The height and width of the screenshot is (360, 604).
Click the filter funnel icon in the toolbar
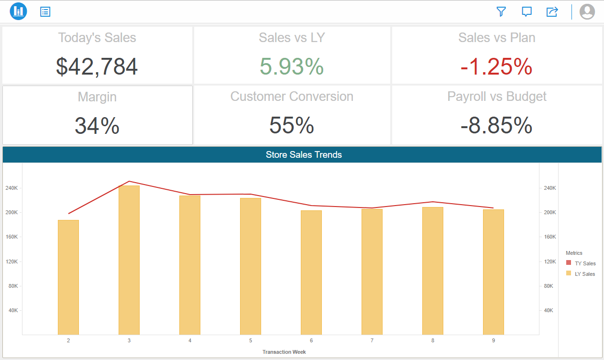[x=501, y=11]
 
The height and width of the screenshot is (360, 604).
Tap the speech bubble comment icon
[x=527, y=11]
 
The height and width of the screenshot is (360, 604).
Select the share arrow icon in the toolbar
[x=552, y=11]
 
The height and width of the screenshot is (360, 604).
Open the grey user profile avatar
[x=587, y=11]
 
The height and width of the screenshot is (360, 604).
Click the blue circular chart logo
[x=18, y=11]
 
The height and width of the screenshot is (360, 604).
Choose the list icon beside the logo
[x=45, y=11]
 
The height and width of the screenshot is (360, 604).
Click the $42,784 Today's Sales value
[x=97, y=66]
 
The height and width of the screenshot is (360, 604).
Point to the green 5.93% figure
[x=292, y=66]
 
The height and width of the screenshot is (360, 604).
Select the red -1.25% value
[x=496, y=66]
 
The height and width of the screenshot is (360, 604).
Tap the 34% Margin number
[x=97, y=126]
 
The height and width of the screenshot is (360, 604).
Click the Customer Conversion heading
[x=292, y=97]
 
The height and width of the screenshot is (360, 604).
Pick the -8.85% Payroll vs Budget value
[x=496, y=126]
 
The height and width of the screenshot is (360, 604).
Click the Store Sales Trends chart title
[x=304, y=155]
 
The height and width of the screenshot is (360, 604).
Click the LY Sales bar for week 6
[x=311, y=273]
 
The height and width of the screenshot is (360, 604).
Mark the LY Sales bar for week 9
[x=494, y=273]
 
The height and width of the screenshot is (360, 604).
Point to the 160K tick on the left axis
[x=12, y=237]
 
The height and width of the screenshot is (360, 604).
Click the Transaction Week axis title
[x=284, y=352]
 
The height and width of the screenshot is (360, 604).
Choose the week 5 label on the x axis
[x=251, y=340]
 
